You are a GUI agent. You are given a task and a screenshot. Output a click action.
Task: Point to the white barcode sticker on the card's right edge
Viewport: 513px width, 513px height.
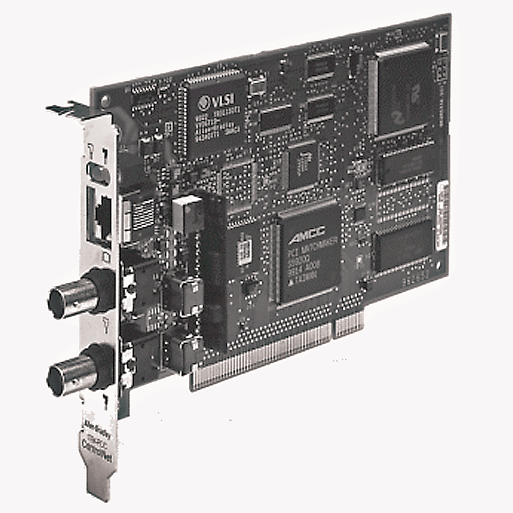(442, 215)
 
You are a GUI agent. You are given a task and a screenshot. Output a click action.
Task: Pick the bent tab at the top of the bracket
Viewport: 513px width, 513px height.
(67, 109)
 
